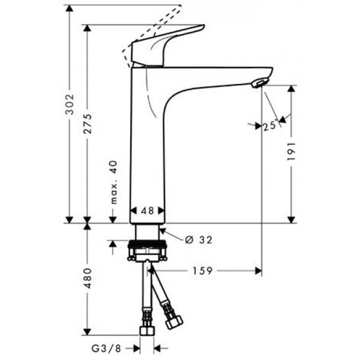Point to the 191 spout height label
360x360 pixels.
click(x=292, y=152)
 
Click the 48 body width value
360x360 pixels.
click(x=147, y=211)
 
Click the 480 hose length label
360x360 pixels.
click(x=88, y=279)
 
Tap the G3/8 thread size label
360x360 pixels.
click(x=110, y=347)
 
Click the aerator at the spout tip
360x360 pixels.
click(x=259, y=83)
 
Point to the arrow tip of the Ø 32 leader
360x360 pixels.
click(x=161, y=230)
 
